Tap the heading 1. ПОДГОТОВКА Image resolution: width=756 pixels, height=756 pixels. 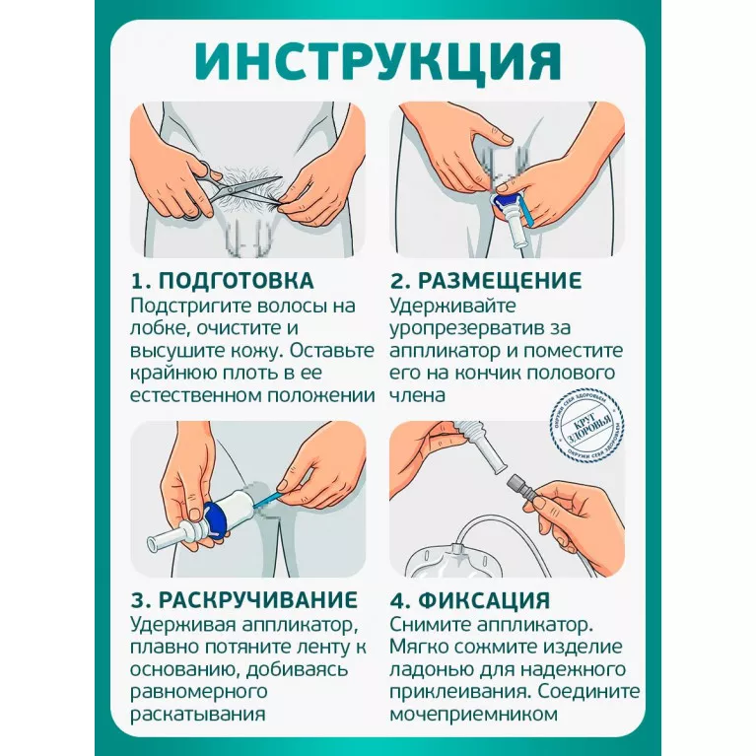pyautogui.click(x=223, y=281)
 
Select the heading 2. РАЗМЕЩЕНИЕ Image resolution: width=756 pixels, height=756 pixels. pyautogui.click(x=486, y=281)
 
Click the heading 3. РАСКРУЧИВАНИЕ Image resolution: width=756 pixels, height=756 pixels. pyautogui.click(x=244, y=600)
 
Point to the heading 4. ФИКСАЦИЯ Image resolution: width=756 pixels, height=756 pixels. pyautogui.click(x=469, y=600)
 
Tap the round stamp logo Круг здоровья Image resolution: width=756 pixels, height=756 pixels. pyautogui.click(x=587, y=426)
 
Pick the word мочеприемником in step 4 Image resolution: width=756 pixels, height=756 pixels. pyautogui.click(x=473, y=714)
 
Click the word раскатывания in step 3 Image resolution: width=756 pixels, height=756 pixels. pyautogui.click(x=198, y=714)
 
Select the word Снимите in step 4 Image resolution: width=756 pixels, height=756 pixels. pyautogui.click(x=430, y=624)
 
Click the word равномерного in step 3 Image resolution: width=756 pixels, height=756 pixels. pyautogui.click(x=199, y=692)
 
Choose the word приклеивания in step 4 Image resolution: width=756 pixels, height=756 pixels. pyautogui.click(x=460, y=692)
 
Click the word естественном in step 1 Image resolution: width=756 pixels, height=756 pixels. pyautogui.click(x=196, y=396)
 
